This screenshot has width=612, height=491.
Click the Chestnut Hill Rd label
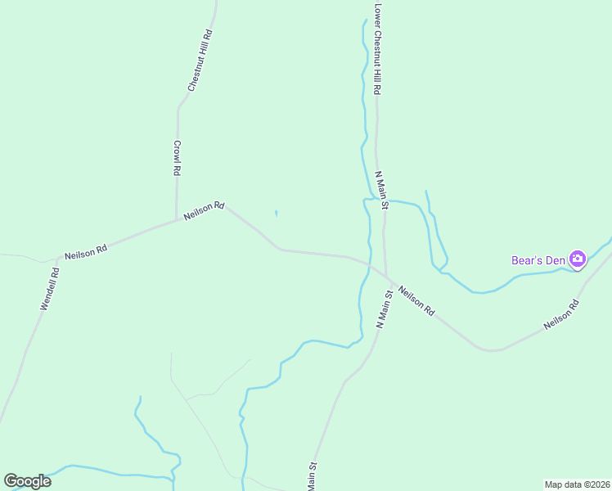click(200, 61)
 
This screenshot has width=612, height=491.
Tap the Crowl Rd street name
click(176, 158)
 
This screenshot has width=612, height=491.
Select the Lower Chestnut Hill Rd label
click(377, 51)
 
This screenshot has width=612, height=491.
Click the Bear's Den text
click(538, 260)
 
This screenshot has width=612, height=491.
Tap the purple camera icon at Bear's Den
click(578, 259)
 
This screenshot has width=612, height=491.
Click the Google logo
click(27, 481)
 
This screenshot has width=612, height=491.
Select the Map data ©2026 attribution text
click(576, 484)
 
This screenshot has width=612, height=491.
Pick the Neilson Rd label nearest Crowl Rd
click(204, 211)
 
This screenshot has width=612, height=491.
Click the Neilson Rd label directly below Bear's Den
click(562, 315)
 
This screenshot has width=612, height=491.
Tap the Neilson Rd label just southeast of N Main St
click(416, 301)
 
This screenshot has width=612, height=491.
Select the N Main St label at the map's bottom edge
click(312, 477)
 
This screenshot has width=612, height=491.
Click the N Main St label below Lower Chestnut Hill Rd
click(380, 187)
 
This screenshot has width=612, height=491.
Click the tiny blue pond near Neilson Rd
click(277, 214)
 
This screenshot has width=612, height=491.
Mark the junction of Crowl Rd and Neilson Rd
click(177, 219)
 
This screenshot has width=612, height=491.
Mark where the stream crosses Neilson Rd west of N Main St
click(368, 264)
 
